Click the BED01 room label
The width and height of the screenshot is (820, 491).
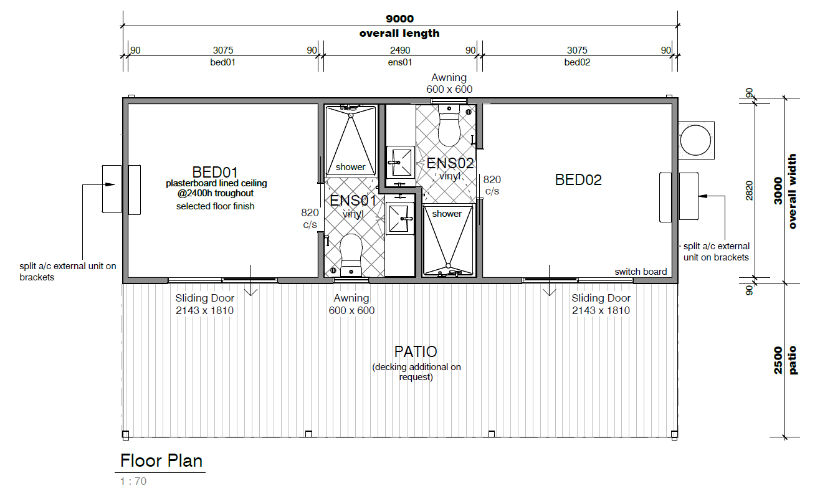[215, 172]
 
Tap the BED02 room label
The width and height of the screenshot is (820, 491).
[578, 180]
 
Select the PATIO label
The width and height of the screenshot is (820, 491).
[416, 351]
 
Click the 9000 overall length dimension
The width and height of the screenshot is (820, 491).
[400, 19]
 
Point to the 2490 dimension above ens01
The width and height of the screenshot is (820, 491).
[400, 50]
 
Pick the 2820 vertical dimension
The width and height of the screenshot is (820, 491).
[749, 191]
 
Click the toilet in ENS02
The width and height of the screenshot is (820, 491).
[449, 126]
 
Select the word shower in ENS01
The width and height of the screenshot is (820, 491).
[350, 167]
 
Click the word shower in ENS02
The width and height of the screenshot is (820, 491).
[447, 214]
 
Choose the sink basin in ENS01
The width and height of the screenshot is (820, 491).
[399, 219]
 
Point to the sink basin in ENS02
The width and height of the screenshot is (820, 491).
[400, 162]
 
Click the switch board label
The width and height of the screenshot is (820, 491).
[641, 272]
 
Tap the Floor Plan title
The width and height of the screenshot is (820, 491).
[161, 460]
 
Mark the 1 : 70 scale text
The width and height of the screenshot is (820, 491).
[133, 481]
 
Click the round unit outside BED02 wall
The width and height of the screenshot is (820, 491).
[695, 140]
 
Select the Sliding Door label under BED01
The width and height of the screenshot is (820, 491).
[204, 298]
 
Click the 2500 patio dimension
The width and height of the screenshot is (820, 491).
[778, 361]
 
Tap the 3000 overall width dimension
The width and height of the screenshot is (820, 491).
[778, 191]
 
